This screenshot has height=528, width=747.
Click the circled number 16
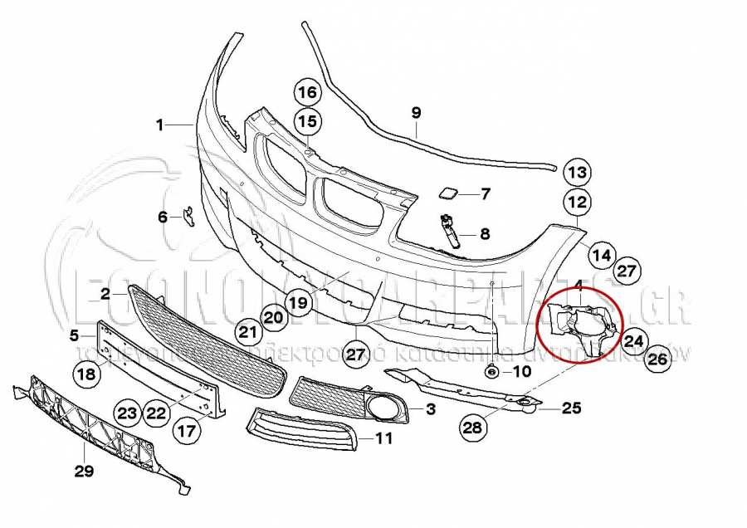click(306, 92)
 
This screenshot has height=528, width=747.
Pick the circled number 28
click(471, 428)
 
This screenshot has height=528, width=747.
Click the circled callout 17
click(187, 431)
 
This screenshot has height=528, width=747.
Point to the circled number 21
click(246, 333)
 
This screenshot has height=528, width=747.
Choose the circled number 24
click(634, 340)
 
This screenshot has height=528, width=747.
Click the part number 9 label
click(417, 111)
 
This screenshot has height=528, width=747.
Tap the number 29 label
click(84, 472)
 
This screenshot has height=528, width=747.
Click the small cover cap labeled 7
click(448, 194)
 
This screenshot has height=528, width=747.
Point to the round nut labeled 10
click(491, 371)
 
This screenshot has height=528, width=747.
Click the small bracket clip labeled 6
click(188, 216)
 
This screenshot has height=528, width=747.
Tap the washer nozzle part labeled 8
click(452, 232)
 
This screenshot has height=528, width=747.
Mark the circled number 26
click(657, 359)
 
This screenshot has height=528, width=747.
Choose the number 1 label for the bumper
click(160, 125)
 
